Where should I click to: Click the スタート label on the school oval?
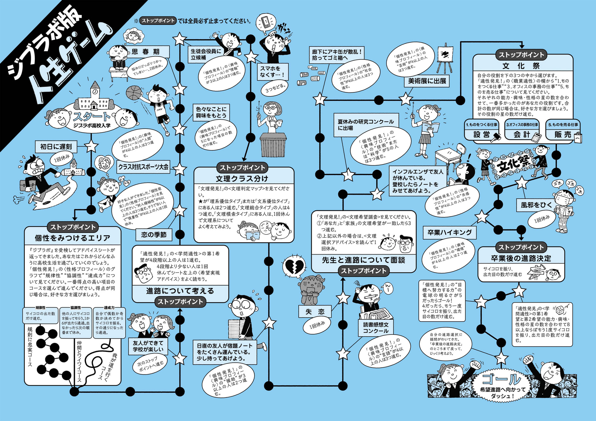pyautogui.click(x=92, y=117)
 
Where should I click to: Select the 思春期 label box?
pyautogui.click(x=146, y=52)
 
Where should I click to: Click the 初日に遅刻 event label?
pyautogui.click(x=56, y=146)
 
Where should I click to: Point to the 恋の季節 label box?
pyautogui.click(x=154, y=235)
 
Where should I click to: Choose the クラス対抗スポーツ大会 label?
pyautogui.click(x=143, y=167)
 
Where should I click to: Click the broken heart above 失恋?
pyautogui.click(x=292, y=266)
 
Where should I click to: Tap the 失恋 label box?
pyautogui.click(x=315, y=312)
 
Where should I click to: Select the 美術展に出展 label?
pyautogui.click(x=427, y=81)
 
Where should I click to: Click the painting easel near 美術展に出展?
pyautogui.click(x=445, y=59)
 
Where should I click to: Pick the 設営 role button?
pyautogui.click(x=481, y=134)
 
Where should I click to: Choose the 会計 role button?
pyautogui.click(x=522, y=134)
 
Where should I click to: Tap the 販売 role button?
pyautogui.click(x=562, y=134)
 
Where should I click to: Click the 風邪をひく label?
pyautogui.click(x=536, y=205)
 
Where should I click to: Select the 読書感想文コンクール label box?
pyautogui.click(x=376, y=328)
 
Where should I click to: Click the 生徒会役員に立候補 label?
pyautogui.click(x=206, y=54)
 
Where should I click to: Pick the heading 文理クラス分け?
pyautogui.click(x=242, y=179)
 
